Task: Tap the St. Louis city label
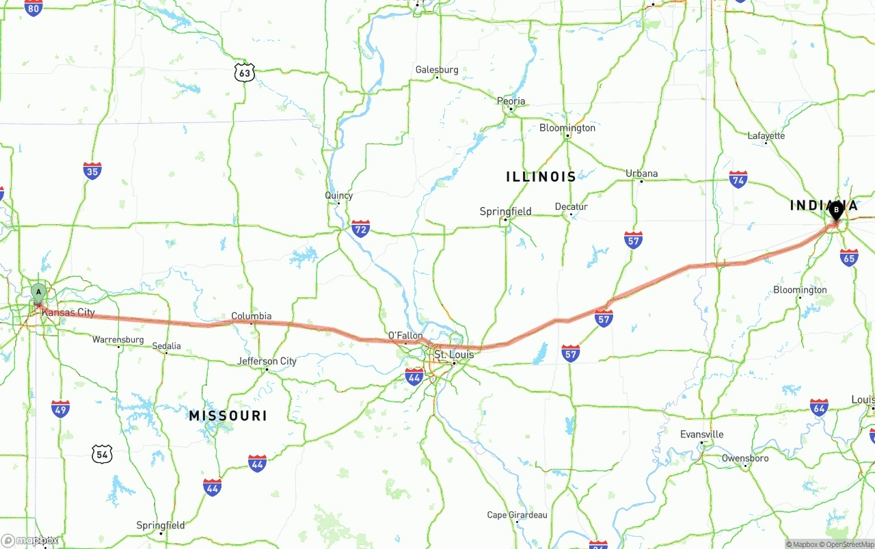[450, 355]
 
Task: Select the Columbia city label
[251, 316]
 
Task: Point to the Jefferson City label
[267, 361]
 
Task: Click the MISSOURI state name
[228, 416]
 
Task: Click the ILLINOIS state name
[541, 177]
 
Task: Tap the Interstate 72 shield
[360, 228]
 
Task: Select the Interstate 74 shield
[738, 180]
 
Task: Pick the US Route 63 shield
[244, 72]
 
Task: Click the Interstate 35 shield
[92, 170]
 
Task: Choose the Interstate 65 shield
[848, 257]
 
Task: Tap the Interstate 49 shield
[60, 409]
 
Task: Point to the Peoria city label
[511, 101]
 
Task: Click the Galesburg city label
[437, 70]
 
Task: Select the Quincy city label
[338, 196]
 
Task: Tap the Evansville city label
[701, 434]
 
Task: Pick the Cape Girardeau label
[517, 515]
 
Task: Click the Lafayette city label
[766, 135]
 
